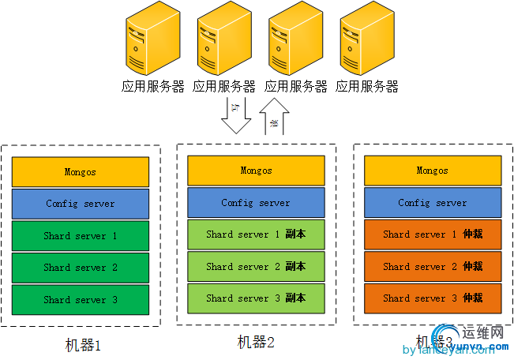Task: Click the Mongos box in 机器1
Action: [81, 172]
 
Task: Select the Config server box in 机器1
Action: [81, 204]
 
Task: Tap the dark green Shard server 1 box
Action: [81, 236]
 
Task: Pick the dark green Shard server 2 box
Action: [81, 268]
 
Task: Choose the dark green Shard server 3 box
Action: [81, 300]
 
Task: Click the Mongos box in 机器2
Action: [256, 171]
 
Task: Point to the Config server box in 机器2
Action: [256, 203]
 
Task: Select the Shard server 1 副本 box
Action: [256, 234]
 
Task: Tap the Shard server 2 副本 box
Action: [256, 267]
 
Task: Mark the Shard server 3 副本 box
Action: [256, 298]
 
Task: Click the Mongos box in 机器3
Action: [433, 171]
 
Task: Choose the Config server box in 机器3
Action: [433, 203]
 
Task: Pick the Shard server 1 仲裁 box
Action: [433, 234]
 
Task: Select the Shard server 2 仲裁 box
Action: [433, 267]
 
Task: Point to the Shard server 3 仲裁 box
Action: [433, 298]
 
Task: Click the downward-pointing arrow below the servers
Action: [236, 115]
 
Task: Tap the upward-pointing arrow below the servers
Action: [274, 117]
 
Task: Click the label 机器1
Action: [84, 345]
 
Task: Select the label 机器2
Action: [256, 342]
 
